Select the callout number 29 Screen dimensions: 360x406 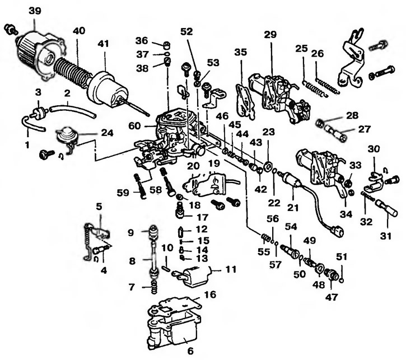pyautogui.click(x=270, y=35)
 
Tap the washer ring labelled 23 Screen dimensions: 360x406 pyautogui.click(x=268, y=166)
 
